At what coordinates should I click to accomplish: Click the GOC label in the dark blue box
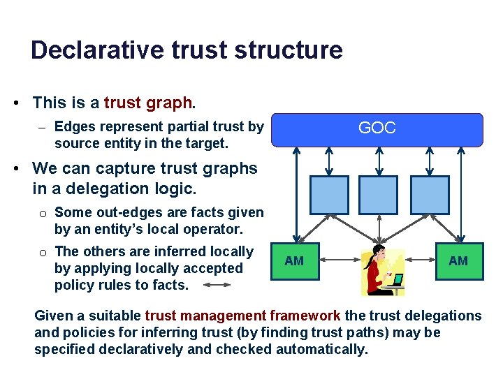[377, 128]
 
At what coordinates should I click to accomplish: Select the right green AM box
[458, 261]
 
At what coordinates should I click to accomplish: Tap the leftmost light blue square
[328, 195]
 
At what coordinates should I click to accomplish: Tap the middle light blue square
[378, 195]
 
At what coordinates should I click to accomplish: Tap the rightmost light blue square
[430, 195]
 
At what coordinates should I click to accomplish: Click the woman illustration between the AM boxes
[377, 269]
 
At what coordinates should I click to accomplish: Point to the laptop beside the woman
[397, 281]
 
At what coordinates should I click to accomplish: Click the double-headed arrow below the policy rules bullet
[225, 285]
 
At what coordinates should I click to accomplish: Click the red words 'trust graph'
[147, 103]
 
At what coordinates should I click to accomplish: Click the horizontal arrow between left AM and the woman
[338, 262]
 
